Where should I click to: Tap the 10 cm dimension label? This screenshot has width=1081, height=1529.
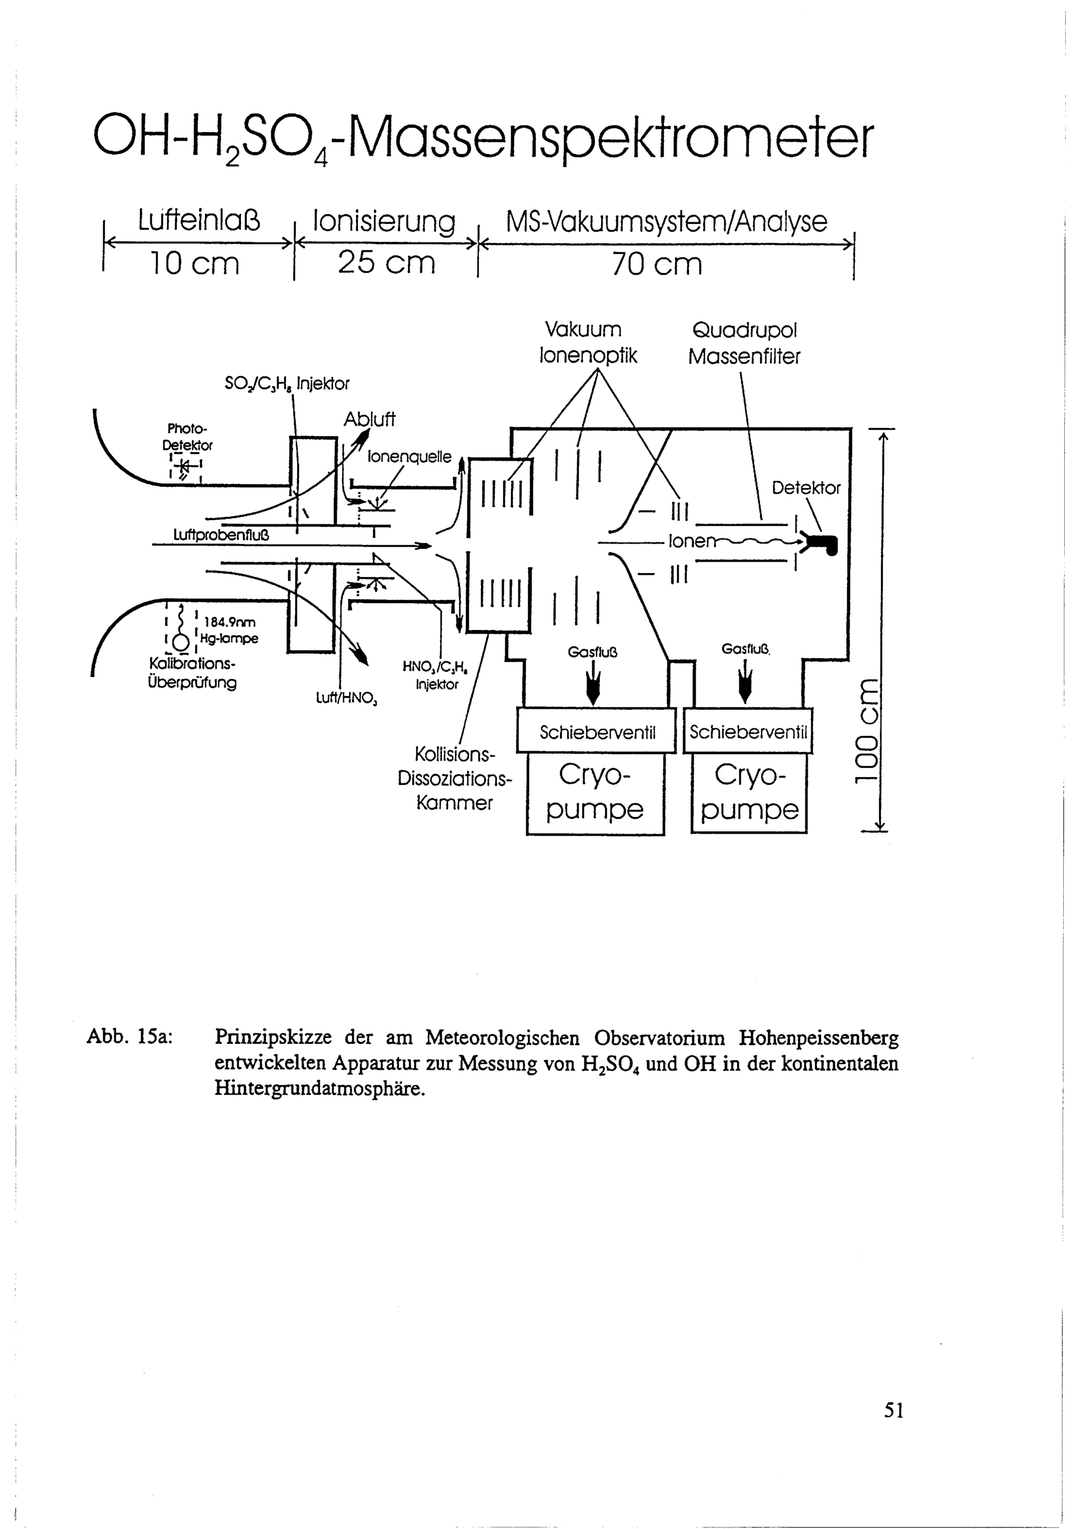point(193,264)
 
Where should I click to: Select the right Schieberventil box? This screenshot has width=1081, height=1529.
point(748,731)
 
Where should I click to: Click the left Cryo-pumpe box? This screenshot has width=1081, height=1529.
point(595,794)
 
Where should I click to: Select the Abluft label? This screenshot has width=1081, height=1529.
point(369,420)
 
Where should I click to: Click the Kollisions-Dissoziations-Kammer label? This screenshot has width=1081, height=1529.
point(455,779)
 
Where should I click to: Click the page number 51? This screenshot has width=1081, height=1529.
point(893,1410)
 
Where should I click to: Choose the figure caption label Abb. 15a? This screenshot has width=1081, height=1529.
point(130,1038)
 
